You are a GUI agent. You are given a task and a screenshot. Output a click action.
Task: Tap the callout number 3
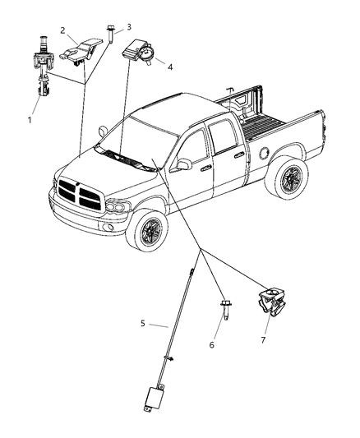click(x=127, y=27)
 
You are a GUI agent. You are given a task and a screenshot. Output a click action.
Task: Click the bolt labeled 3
click(x=108, y=39)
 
